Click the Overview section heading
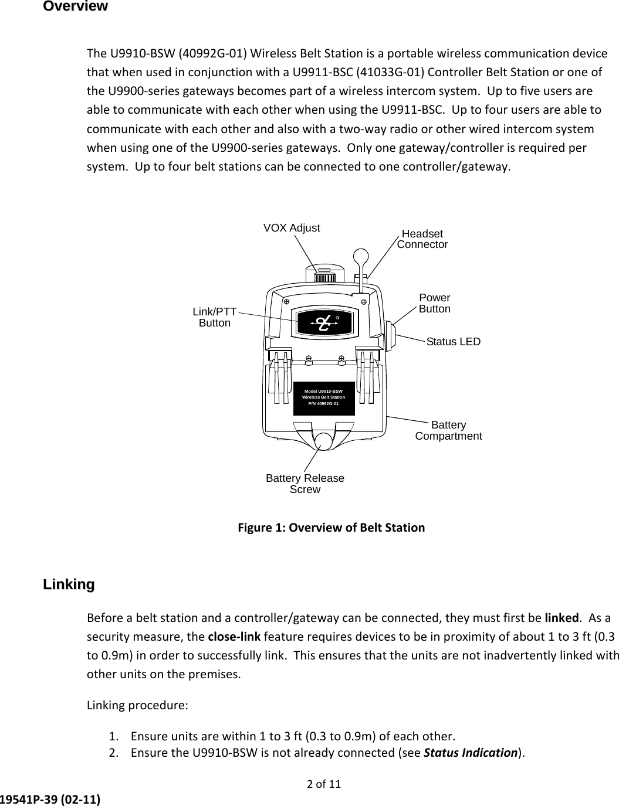(75, 6)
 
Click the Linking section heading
(69, 584)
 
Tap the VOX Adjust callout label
(292, 227)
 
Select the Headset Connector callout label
(422, 239)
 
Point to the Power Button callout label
(435, 303)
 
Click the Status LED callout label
(453, 341)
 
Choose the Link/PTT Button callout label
(215, 317)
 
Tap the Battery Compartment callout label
(448, 430)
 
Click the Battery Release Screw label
(305, 484)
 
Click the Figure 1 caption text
(331, 528)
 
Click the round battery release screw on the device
(322, 441)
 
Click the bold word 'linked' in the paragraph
(562, 618)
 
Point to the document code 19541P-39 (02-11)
(50, 798)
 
